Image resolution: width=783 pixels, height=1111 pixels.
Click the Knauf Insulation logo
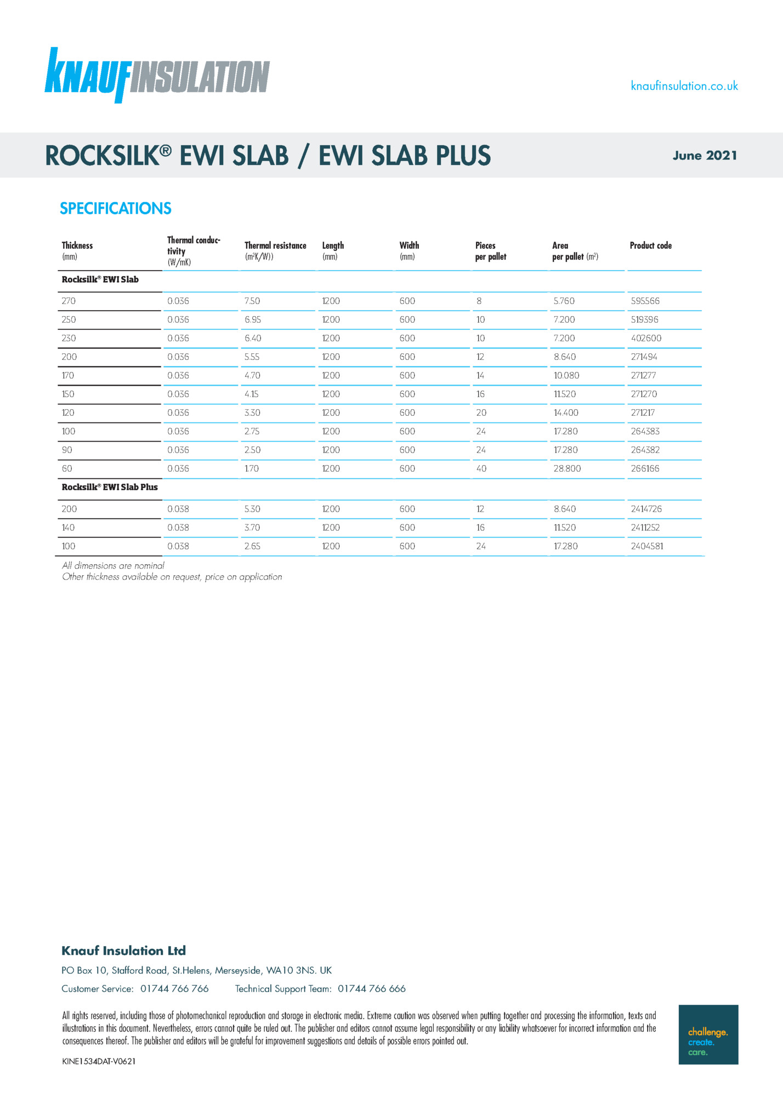pos(157,76)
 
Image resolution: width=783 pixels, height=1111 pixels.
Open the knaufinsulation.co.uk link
pos(684,86)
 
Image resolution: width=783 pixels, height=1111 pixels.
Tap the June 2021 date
pos(705,156)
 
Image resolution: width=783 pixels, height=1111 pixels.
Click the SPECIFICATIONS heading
pos(116,208)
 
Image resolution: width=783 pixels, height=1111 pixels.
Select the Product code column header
pos(650,245)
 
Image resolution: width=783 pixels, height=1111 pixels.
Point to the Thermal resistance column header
pos(275,246)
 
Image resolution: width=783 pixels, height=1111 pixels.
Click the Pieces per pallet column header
pos(490,251)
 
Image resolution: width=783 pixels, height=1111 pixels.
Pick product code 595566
pos(645,301)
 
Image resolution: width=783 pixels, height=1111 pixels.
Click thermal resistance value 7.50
pos(252,301)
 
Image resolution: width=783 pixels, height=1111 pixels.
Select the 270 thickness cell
pos(69,301)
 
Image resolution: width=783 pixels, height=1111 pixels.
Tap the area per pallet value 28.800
pos(567,468)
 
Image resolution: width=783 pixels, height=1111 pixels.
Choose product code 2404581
pos(647,546)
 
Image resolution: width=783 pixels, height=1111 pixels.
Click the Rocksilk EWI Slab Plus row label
pos(110,487)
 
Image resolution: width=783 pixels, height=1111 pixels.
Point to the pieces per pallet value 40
pos(481,468)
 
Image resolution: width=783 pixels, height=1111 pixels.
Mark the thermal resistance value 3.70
pos(252,528)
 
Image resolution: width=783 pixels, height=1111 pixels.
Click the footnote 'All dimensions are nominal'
pos(113,565)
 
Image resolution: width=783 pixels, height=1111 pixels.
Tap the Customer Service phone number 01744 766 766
pos(174,989)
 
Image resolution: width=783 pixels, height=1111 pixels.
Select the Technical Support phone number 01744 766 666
pos(372,989)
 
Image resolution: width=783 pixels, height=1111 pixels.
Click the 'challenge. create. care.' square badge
pos(708,1034)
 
